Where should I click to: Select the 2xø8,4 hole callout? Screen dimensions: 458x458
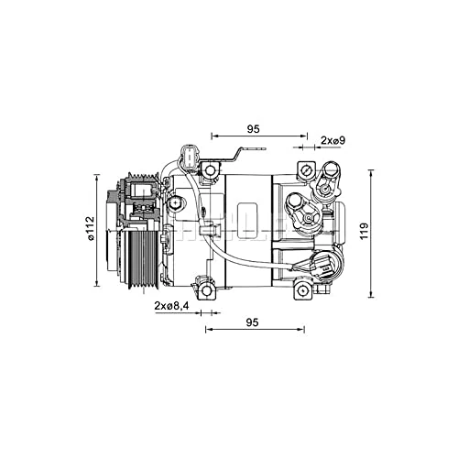tap(171, 305)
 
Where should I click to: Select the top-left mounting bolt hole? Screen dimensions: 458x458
tap(211, 170)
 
